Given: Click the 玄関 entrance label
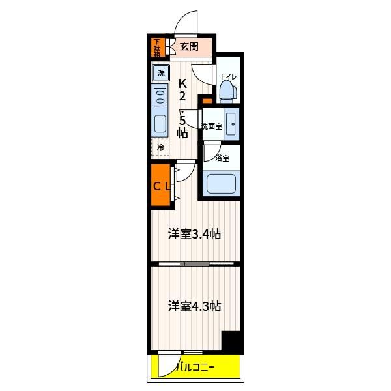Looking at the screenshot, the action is tap(189, 46).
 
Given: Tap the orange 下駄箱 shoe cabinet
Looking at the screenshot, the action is tap(158, 48).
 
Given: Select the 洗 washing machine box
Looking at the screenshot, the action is tap(161, 73).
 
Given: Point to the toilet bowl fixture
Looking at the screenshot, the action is tap(228, 92).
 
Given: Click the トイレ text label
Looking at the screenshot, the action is tap(228, 77).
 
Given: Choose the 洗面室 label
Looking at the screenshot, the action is tap(212, 126).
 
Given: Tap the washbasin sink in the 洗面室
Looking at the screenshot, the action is tap(231, 124).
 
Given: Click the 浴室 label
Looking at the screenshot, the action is tap(222, 158).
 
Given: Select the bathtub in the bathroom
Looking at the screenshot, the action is tap(221, 183).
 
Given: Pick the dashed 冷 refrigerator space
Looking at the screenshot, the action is tap(160, 147).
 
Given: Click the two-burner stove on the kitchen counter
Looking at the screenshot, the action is tap(160, 98).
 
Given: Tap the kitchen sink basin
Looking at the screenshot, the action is tap(160, 124).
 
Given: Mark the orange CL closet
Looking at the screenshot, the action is tap(160, 185).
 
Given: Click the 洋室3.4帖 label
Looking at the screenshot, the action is tap(194, 234).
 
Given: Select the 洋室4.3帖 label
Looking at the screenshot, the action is tap(194, 306).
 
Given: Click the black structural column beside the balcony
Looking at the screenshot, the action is tap(232, 341).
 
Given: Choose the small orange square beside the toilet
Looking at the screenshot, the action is tap(207, 101).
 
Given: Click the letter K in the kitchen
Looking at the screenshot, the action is tap(182, 83).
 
